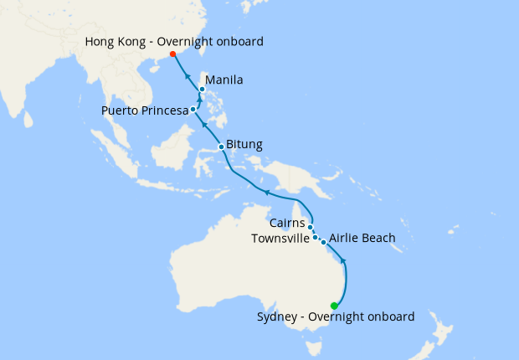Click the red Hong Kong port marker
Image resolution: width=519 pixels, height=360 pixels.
pyautogui.click(x=172, y=54)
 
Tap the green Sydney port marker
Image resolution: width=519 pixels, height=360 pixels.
pyautogui.click(x=334, y=306)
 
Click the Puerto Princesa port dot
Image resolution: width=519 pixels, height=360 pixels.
pyautogui.click(x=193, y=109)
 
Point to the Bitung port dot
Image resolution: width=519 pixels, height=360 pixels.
pyautogui.click(x=221, y=147)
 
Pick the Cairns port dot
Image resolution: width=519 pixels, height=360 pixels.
pyautogui.click(x=310, y=227)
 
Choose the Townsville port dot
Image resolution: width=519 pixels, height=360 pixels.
pyautogui.click(x=315, y=238)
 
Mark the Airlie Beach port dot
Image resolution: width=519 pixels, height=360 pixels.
pyautogui.click(x=323, y=242)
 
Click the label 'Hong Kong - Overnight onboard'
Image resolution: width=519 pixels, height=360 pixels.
pyautogui.click(x=175, y=40)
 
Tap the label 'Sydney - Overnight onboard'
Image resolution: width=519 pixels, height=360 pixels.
pyautogui.click(x=336, y=316)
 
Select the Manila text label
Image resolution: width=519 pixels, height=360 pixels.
pyautogui.click(x=224, y=80)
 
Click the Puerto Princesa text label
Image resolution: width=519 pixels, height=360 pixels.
pyautogui.click(x=145, y=111)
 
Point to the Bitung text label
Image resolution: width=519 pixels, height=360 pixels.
pyautogui.click(x=244, y=145)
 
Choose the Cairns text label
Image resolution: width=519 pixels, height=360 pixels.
pyautogui.click(x=287, y=224)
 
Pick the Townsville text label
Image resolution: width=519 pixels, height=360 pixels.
pyautogui.click(x=281, y=239)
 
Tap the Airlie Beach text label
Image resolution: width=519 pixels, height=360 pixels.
pyautogui.click(x=362, y=239)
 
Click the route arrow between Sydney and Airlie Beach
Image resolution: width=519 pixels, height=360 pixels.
pyautogui.click(x=344, y=262)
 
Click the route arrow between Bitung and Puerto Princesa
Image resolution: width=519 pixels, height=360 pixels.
pyautogui.click(x=205, y=126)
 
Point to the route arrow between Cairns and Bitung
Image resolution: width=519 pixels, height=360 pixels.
pyautogui.click(x=266, y=193)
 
